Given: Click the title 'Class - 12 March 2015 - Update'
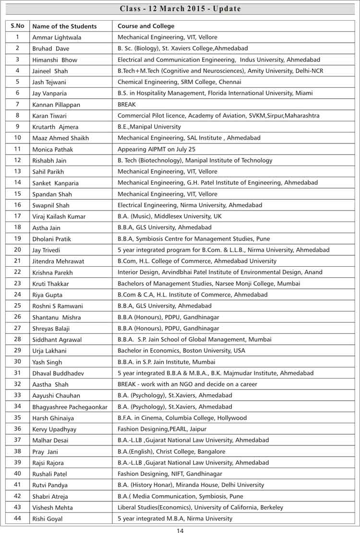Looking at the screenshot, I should [x=180, y=9].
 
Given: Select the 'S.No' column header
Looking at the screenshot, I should [x=17, y=26].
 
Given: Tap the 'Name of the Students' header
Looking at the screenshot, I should [x=64, y=26].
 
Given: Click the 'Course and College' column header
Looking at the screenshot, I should [x=146, y=26].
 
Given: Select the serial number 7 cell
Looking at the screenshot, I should [x=17, y=104].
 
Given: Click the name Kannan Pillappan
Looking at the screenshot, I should [x=56, y=104].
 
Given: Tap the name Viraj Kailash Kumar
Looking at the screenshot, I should [x=59, y=217].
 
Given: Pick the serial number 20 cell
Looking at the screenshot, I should [x=17, y=249].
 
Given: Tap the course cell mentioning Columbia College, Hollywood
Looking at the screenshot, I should [x=182, y=418].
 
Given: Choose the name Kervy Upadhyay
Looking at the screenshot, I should [x=54, y=429].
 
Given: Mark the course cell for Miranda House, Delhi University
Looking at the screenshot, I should [x=191, y=485].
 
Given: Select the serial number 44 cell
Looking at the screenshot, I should [x=17, y=518].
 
